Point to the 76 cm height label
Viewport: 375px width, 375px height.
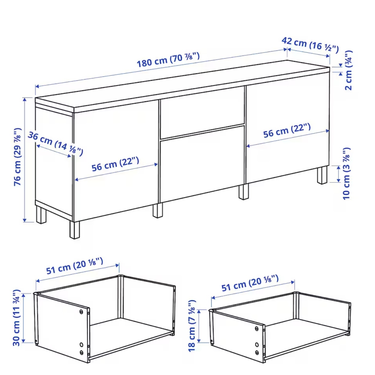(x=17, y=157)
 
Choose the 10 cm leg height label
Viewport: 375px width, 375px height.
(x=346, y=174)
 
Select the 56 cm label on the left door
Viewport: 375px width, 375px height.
(x=115, y=164)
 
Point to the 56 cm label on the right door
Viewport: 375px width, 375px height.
(x=287, y=131)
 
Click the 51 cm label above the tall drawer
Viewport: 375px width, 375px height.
(x=75, y=266)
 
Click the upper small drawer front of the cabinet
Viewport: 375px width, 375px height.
(x=202, y=113)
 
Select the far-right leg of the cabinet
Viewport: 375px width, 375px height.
(x=322, y=175)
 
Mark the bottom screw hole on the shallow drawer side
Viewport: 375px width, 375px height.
(x=257, y=352)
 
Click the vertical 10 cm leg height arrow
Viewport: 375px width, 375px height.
(x=339, y=174)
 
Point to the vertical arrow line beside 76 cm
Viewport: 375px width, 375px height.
(x=25, y=160)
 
